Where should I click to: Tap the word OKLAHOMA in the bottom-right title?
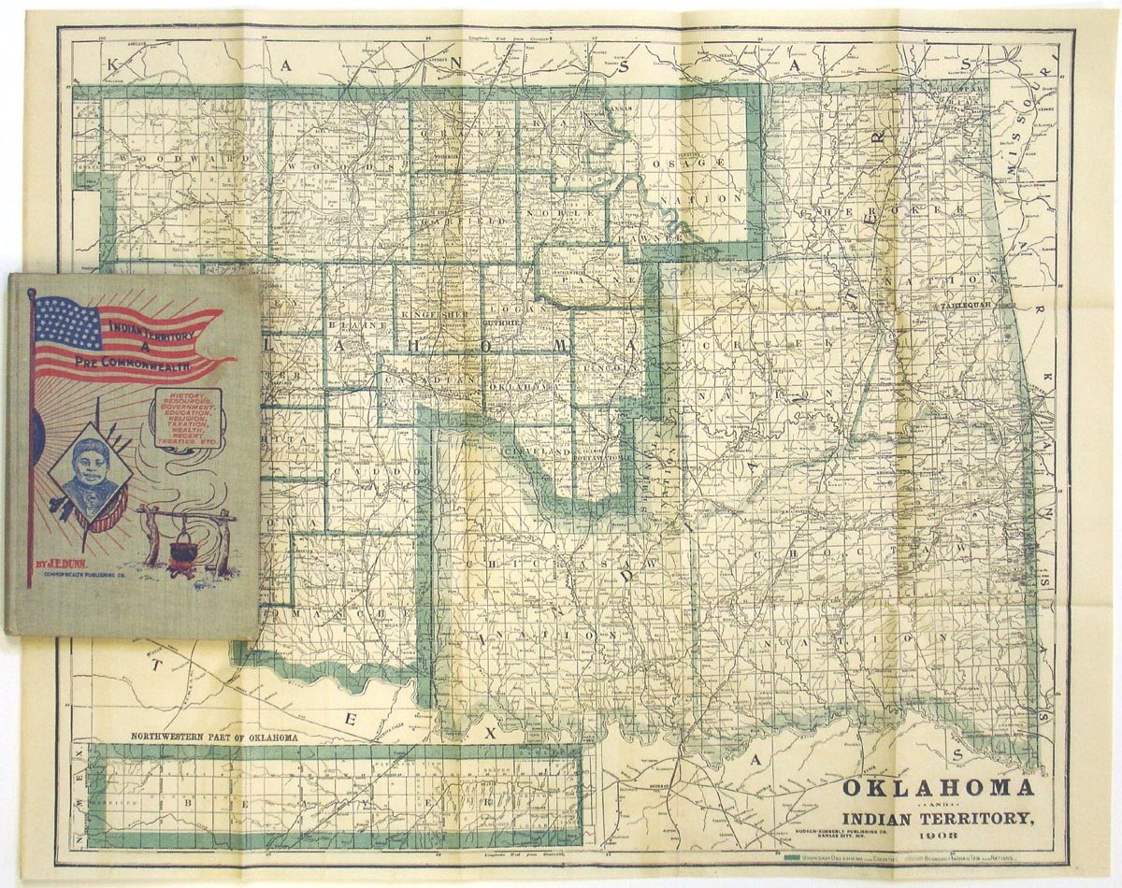pos(938,787)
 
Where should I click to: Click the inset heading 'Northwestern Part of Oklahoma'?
pos(214,737)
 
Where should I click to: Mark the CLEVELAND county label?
pos(536,451)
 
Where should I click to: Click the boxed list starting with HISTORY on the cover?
pos(188,418)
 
